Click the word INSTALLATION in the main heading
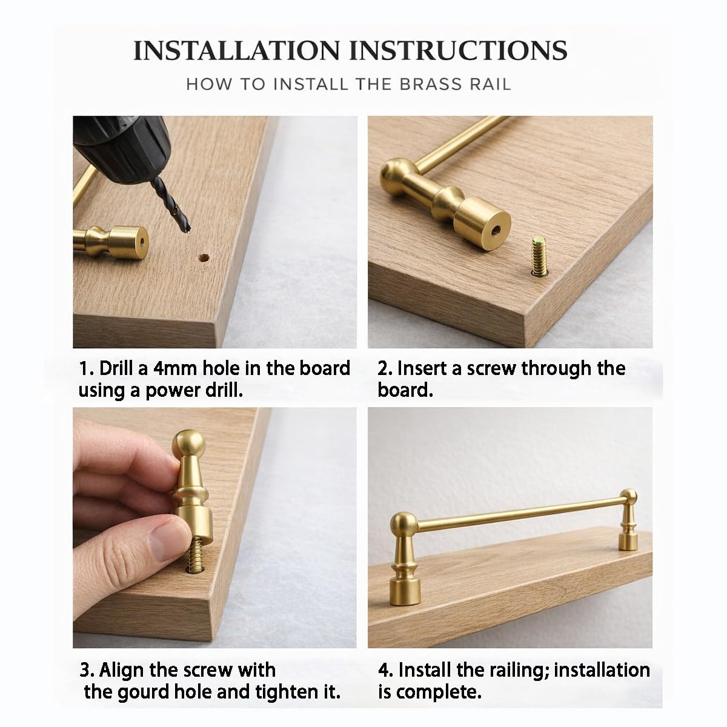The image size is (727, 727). pyautogui.click(x=237, y=50)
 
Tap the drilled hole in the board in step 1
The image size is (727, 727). pyautogui.click(x=204, y=258)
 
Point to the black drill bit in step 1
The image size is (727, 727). pyautogui.click(x=170, y=204)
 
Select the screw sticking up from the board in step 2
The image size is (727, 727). pyautogui.click(x=539, y=256)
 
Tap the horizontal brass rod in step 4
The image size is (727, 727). pyautogui.click(x=519, y=513)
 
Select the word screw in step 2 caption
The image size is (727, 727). pyautogui.click(x=491, y=368)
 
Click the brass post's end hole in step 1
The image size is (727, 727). pyautogui.click(x=142, y=242)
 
